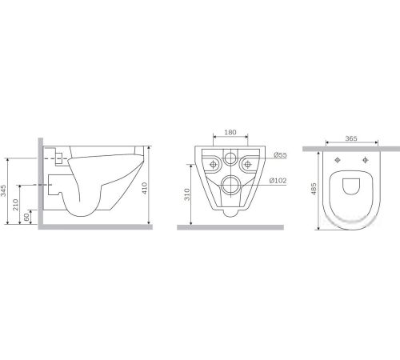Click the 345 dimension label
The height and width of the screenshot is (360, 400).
pyautogui.click(x=3, y=190)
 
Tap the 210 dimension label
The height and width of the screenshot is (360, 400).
pyautogui.click(x=16, y=204)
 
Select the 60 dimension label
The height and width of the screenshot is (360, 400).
pyautogui.click(x=26, y=217)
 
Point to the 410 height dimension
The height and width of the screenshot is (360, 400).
pyautogui.click(x=145, y=188)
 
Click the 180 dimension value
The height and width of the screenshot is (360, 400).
pyautogui.click(x=230, y=132)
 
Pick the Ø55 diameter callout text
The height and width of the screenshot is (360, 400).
pyautogui.click(x=280, y=155)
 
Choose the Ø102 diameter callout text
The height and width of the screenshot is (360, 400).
pyautogui.click(x=278, y=181)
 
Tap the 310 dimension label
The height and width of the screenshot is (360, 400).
pyautogui.click(x=187, y=194)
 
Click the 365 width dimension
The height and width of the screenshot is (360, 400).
pyautogui.click(x=351, y=138)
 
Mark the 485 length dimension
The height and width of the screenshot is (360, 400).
pyautogui.click(x=314, y=189)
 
